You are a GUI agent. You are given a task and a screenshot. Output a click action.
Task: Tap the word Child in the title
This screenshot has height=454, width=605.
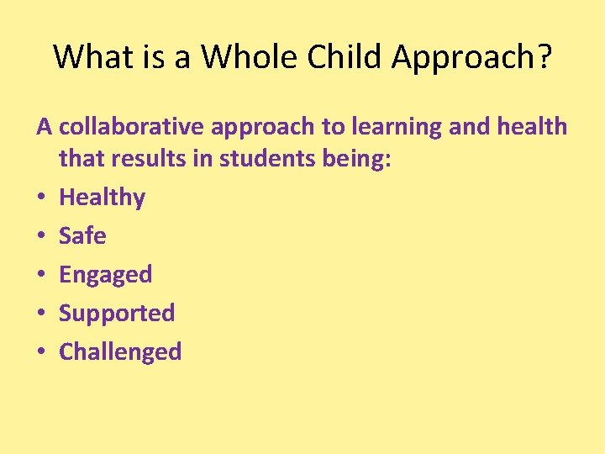[343, 56]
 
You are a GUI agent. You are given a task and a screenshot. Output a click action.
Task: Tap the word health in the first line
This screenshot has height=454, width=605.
[534, 127]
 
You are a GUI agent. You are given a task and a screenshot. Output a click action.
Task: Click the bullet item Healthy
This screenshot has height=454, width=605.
[102, 198]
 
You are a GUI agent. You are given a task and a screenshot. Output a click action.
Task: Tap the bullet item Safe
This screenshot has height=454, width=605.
[82, 236]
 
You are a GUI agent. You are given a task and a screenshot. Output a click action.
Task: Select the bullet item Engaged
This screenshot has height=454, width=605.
[105, 276]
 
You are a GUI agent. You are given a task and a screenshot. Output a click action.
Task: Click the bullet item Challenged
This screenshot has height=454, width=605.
[120, 351]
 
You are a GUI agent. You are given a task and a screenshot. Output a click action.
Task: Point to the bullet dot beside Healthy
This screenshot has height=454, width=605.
[41, 198]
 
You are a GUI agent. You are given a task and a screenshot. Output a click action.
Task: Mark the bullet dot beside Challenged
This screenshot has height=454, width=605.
[41, 352]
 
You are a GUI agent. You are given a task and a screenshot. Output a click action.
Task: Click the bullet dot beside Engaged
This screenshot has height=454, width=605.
[41, 275]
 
